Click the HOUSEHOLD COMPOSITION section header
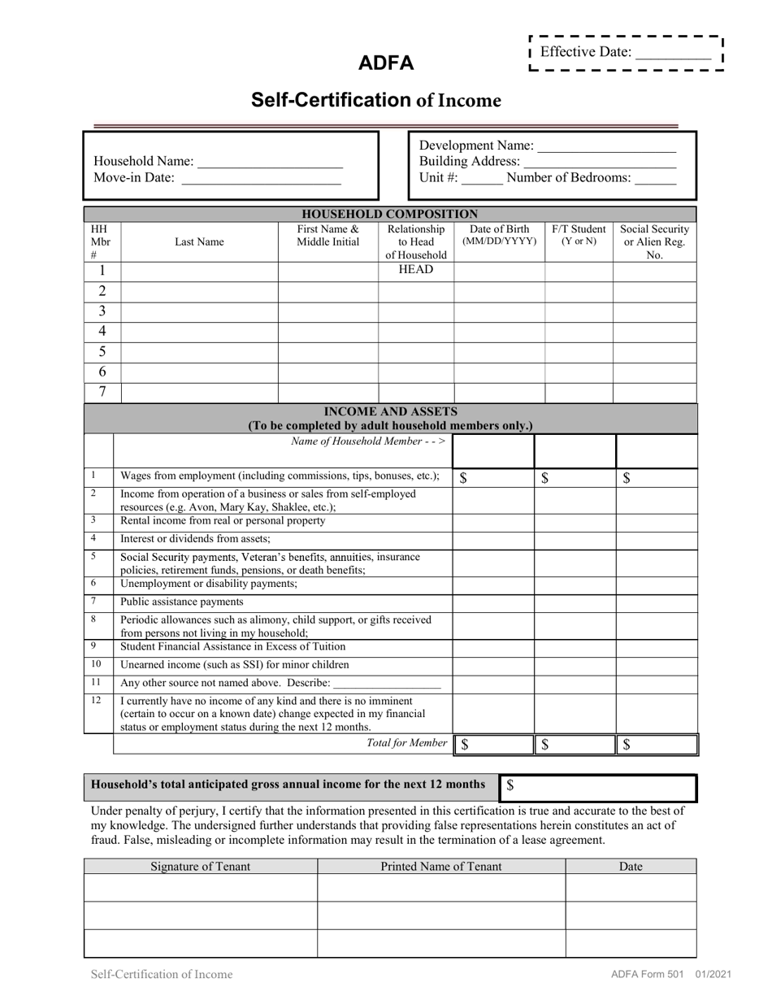[x=390, y=214]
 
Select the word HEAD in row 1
[x=415, y=270]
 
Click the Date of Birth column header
[x=499, y=235]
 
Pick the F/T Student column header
[x=579, y=235]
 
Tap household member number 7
[x=102, y=392]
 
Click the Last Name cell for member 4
[x=199, y=332]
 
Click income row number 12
[x=96, y=700]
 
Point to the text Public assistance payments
[x=182, y=602]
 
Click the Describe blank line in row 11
[x=387, y=684]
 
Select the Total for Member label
[x=406, y=742]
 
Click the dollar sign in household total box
[x=510, y=785]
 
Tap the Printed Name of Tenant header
[x=441, y=866]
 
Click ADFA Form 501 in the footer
[x=647, y=974]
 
